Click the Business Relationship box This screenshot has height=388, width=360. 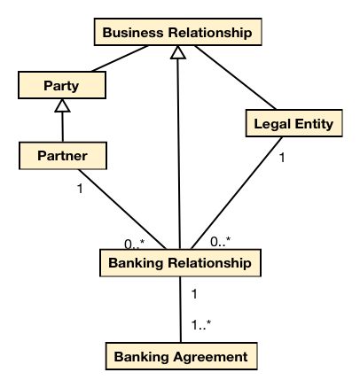(178, 32)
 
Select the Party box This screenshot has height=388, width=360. (62, 85)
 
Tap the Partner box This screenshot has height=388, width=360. (63, 156)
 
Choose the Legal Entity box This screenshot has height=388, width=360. (294, 123)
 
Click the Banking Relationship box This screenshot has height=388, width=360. (180, 263)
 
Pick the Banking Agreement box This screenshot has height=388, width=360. (182, 356)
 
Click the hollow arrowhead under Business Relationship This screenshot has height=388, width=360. (178, 52)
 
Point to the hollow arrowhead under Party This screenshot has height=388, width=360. (62, 105)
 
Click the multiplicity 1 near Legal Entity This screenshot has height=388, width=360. (282, 158)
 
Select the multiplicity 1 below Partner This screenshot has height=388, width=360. (80, 189)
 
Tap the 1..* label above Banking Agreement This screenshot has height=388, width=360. (201, 325)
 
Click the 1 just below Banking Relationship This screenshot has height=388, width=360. (194, 294)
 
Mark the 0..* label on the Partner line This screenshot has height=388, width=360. (135, 244)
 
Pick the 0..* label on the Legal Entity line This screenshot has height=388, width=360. (220, 242)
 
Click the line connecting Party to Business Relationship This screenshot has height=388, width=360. (120, 58)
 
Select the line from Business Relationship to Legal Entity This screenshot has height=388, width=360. (235, 78)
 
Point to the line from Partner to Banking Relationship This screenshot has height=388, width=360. (122, 209)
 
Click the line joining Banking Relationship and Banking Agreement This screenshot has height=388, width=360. (181, 309)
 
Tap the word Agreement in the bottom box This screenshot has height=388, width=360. (210, 357)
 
